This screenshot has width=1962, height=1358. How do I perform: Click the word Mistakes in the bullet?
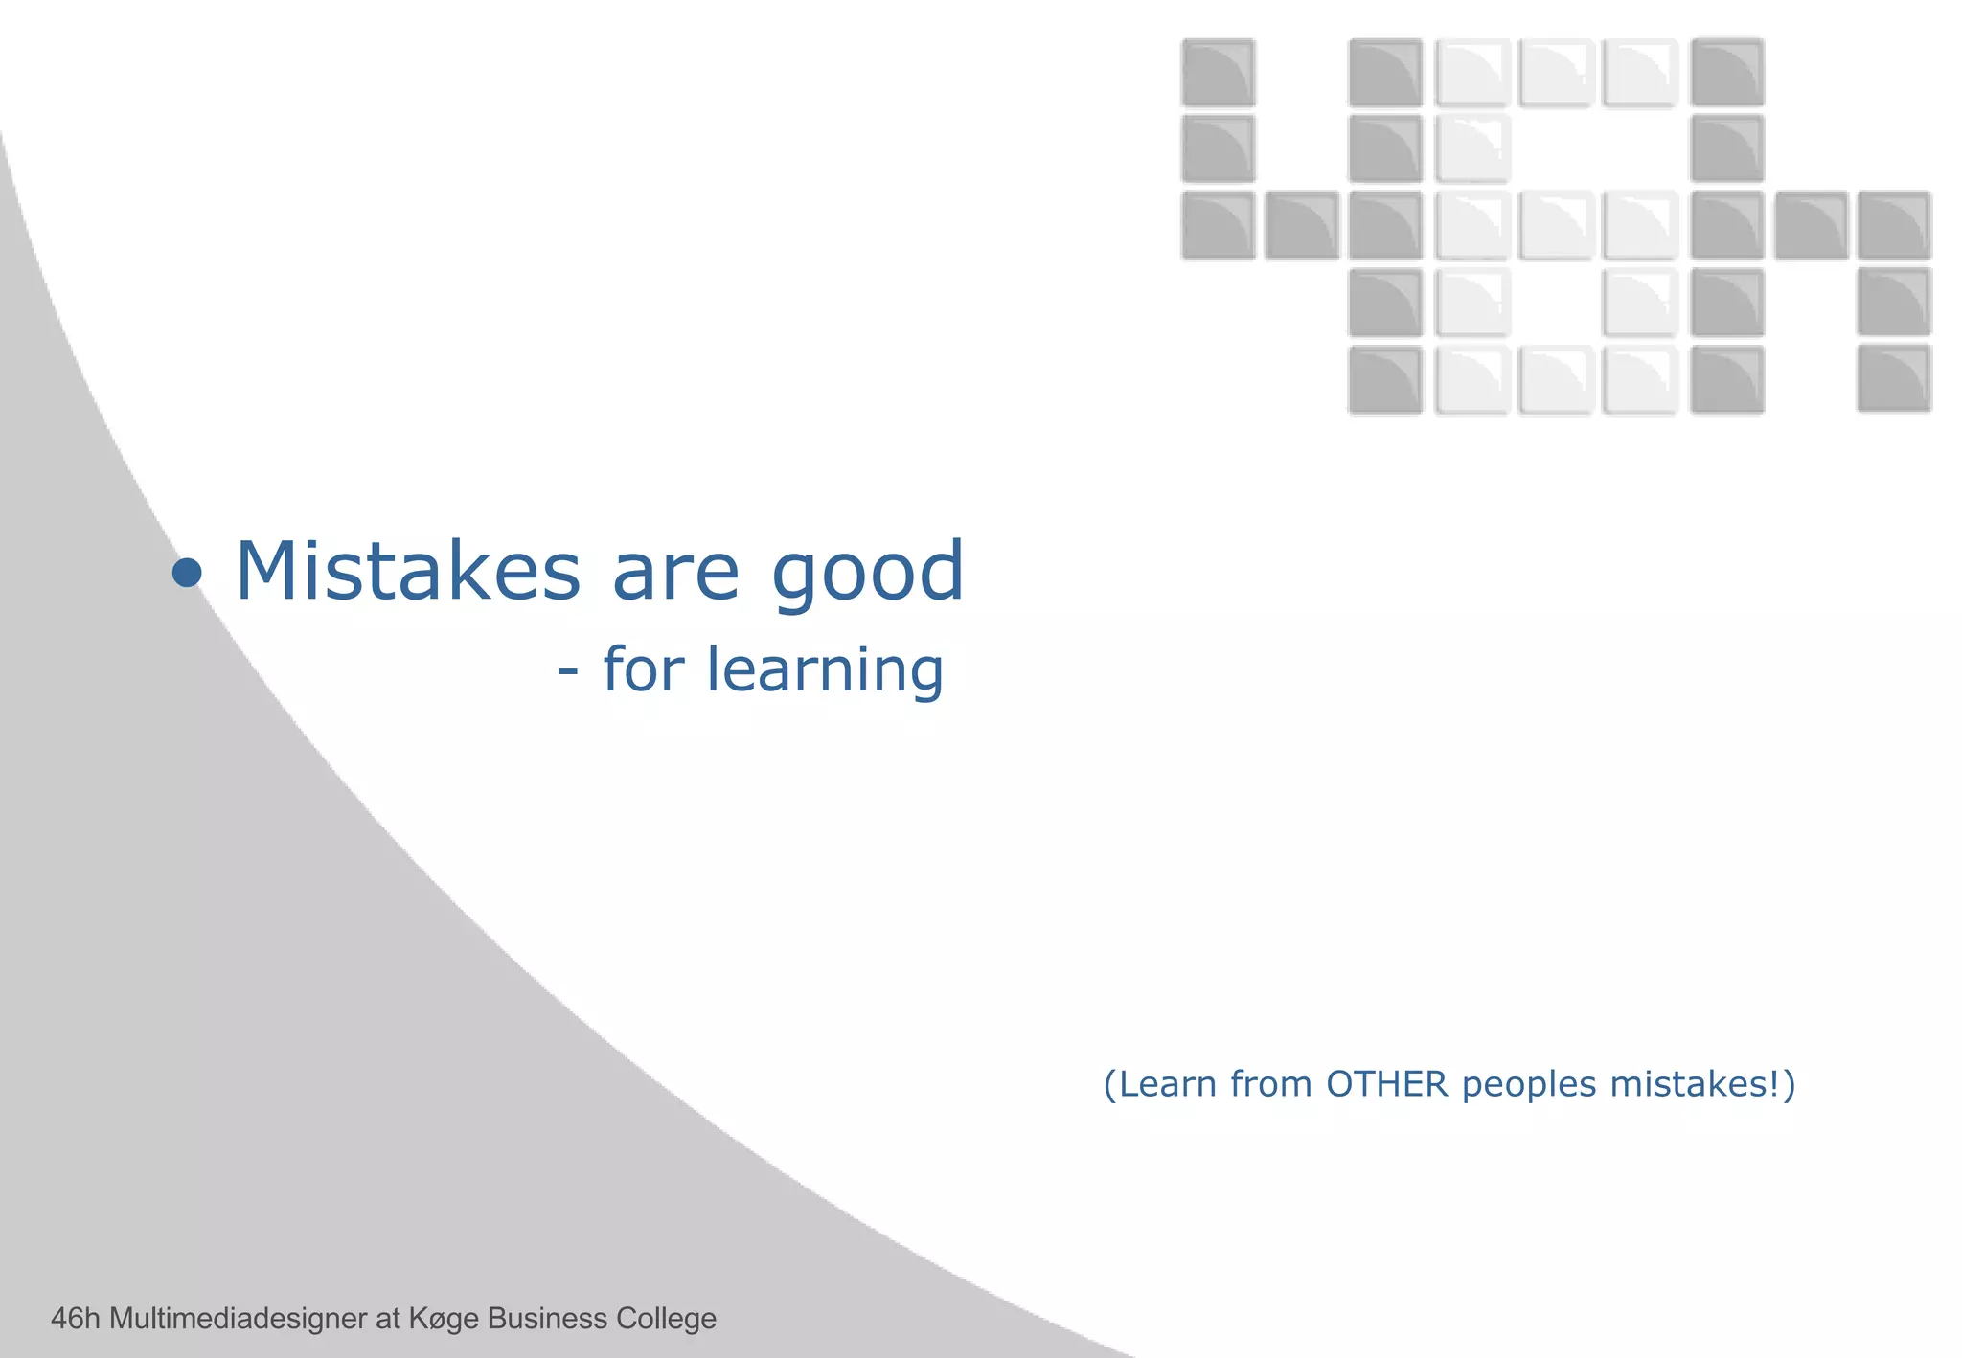pos(407,572)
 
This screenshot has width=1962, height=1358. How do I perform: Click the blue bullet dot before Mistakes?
pos(187,574)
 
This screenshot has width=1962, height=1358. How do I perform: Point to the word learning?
pos(825,670)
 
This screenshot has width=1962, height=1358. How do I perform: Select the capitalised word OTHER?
pos(1386,1084)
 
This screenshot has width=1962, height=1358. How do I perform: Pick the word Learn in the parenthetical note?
pos(1168,1084)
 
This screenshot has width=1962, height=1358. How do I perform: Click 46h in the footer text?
pos(75,1319)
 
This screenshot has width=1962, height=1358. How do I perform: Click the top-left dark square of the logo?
pos(1218,73)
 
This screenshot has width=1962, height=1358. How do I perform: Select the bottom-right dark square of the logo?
pos(1894,379)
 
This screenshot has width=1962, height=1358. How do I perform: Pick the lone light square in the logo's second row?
pos(1472,149)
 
